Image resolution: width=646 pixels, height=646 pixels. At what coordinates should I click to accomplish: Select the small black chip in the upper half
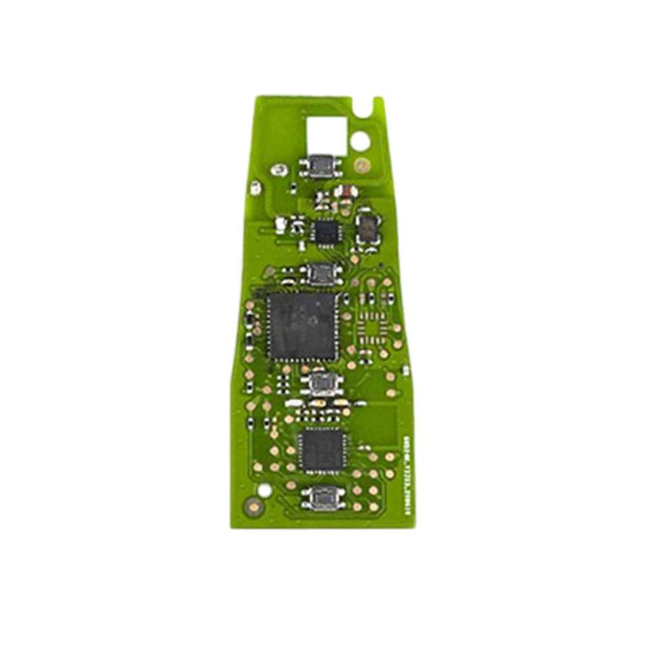pyautogui.click(x=324, y=231)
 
